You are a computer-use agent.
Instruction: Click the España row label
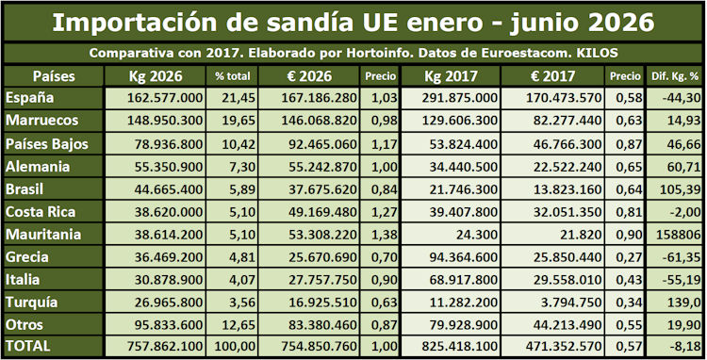point(30,98)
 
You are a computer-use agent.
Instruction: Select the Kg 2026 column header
point(156,76)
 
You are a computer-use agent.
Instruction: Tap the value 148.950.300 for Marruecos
point(165,121)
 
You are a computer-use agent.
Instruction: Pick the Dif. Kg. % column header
point(675,76)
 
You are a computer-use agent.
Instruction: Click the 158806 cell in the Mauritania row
point(675,235)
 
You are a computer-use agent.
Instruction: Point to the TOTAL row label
point(28,346)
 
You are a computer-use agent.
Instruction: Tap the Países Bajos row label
point(47,144)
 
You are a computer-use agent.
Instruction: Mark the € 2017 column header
point(552,76)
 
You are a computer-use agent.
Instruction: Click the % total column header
point(233,76)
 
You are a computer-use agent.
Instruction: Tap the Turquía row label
point(31,303)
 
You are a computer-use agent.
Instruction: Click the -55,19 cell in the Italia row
point(682,279)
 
